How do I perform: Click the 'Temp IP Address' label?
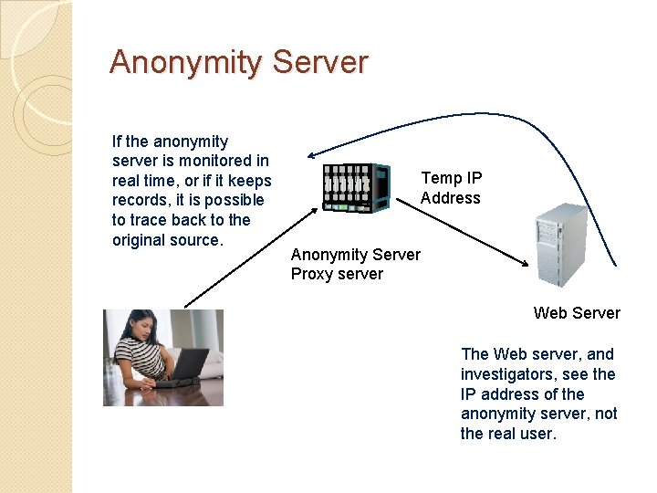pyautogui.click(x=451, y=188)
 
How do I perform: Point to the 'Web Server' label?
pyautogui.click(x=577, y=313)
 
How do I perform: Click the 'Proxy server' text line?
pyautogui.click(x=337, y=274)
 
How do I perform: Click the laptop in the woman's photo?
pyautogui.click(x=186, y=368)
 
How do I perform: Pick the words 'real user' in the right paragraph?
pyautogui.click(x=523, y=434)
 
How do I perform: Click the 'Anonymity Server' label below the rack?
pyautogui.click(x=356, y=255)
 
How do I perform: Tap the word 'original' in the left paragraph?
pyautogui.click(x=139, y=240)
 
